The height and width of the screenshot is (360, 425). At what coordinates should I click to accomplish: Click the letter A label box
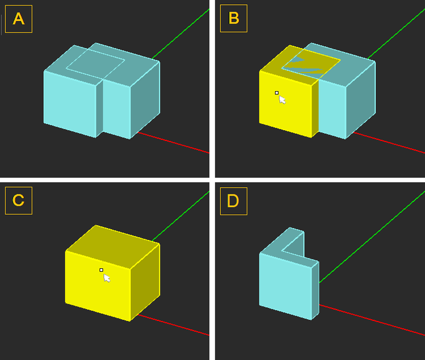[19, 19]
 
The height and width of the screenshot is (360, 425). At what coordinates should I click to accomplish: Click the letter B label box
[234, 19]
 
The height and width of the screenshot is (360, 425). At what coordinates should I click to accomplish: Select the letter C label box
[19, 200]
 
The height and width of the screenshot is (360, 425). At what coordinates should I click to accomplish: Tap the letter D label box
[234, 201]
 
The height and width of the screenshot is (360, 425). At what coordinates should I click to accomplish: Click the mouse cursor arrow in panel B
[282, 100]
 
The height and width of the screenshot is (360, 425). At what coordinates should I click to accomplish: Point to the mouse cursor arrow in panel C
[107, 278]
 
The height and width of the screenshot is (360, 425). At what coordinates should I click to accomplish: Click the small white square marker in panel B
[277, 93]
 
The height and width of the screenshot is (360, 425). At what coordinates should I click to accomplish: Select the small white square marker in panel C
[101, 270]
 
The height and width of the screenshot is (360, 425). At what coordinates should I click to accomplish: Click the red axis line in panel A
[173, 143]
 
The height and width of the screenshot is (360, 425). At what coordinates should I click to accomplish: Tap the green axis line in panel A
[181, 34]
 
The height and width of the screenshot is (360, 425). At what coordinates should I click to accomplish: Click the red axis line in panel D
[372, 320]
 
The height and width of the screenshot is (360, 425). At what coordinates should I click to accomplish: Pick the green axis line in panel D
[372, 237]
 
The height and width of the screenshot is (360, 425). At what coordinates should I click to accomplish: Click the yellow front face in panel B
[286, 104]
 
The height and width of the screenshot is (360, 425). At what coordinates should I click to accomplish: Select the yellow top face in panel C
[113, 247]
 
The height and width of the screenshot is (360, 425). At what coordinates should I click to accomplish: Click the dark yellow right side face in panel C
[145, 282]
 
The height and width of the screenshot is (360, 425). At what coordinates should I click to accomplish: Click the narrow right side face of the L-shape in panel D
[315, 290]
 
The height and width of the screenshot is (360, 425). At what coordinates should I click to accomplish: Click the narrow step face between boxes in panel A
[100, 108]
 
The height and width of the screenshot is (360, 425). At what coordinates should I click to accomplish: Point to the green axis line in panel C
[181, 216]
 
